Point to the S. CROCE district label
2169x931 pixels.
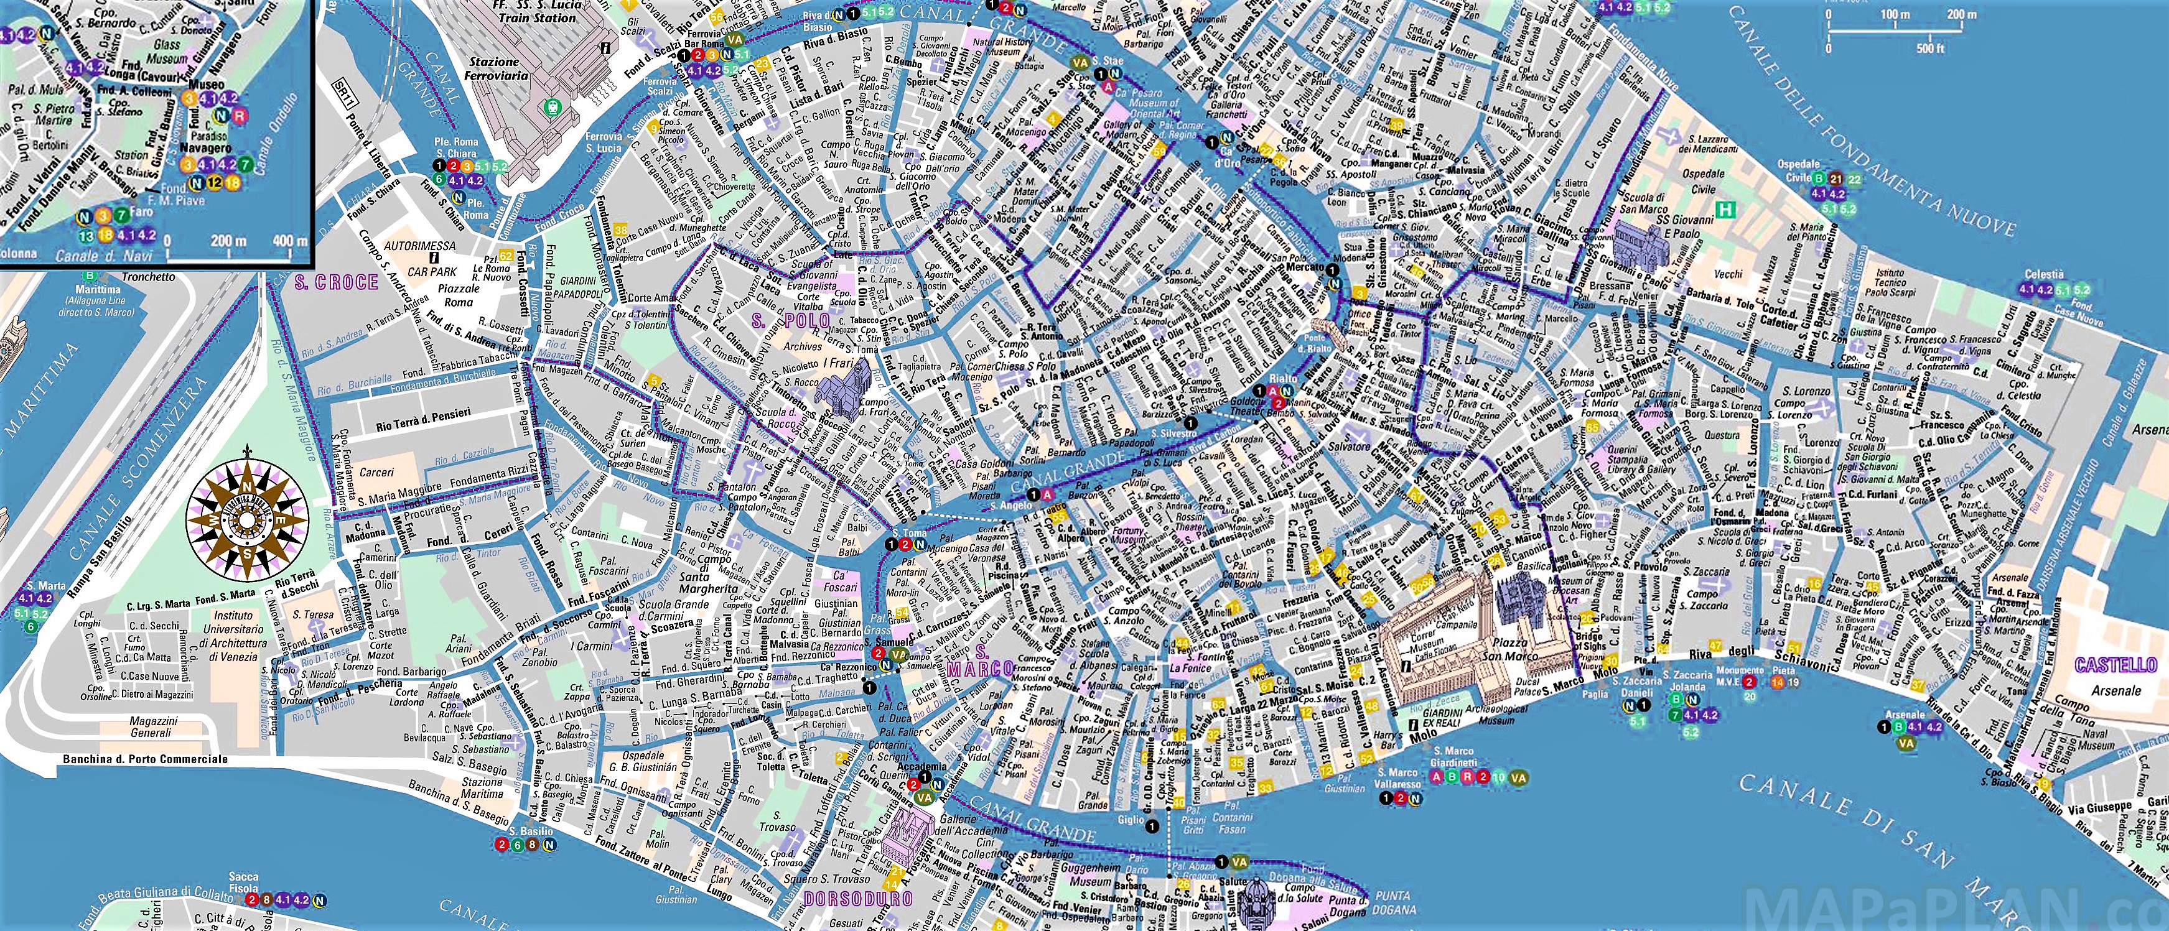[x=336, y=282]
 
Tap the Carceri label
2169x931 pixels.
[x=376, y=472]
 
